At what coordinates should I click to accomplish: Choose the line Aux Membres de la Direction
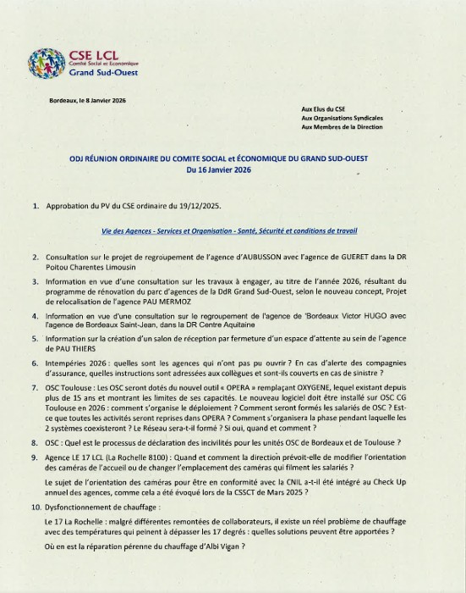click(342, 127)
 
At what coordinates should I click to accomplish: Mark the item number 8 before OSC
click(35, 442)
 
